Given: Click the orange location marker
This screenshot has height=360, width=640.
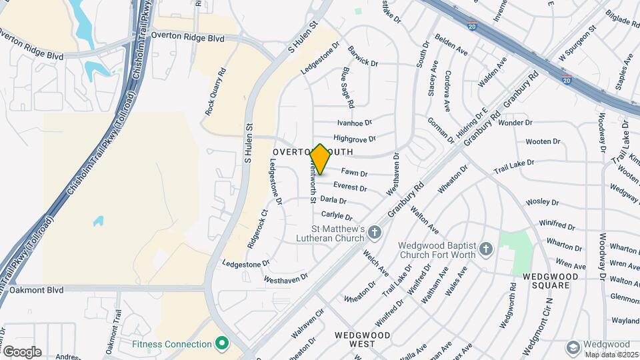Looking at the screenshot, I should pos(320,159).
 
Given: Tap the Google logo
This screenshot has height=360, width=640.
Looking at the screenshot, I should pos(22,351).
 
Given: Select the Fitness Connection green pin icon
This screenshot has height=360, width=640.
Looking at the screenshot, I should pos(222,344).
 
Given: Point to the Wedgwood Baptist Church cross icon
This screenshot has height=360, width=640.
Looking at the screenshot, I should pos(486,249).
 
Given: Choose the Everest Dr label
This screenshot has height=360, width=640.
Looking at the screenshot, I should pos(350,188).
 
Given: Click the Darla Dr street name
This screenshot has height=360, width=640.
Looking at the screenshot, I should pos(333,200).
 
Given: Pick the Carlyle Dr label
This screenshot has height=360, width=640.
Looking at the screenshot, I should pos(336,215).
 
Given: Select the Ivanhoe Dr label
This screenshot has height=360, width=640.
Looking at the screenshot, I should pos(354,123).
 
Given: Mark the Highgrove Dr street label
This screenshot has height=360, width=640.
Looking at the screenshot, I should pos(355,139).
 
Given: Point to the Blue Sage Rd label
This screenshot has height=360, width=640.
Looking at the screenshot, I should pos(347,87).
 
